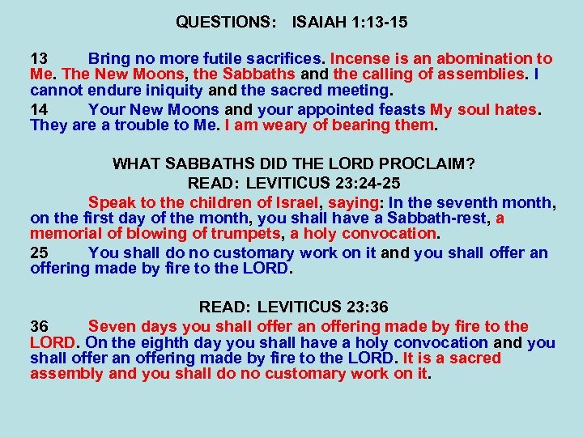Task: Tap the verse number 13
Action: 39,59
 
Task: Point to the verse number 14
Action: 39,109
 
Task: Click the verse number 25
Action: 39,252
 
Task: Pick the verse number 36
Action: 39,327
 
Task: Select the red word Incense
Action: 358,59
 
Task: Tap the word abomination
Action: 479,59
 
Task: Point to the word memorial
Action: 65,234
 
